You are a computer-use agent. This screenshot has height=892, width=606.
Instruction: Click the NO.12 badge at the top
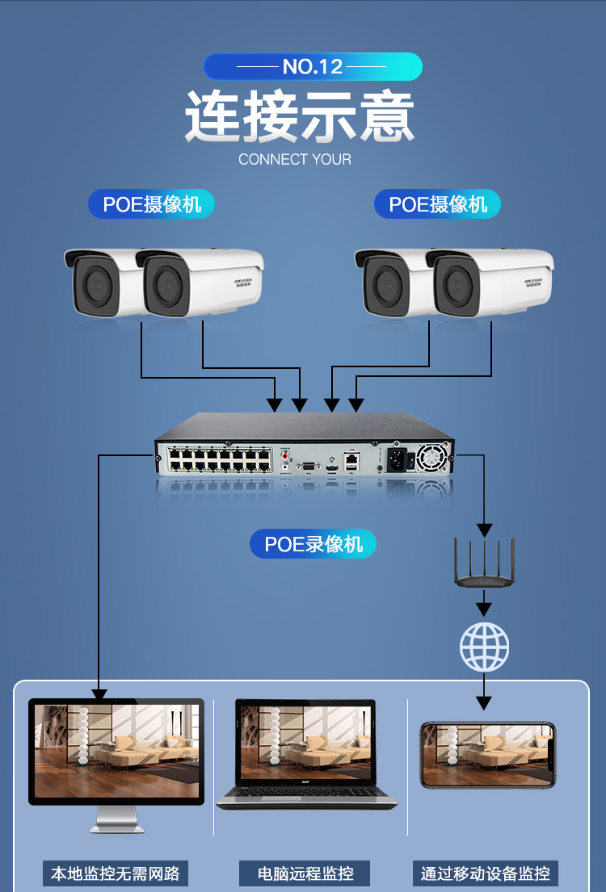click(313, 66)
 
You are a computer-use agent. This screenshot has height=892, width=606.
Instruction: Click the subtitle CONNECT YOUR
click(295, 159)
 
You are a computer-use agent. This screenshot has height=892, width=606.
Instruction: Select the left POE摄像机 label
click(151, 204)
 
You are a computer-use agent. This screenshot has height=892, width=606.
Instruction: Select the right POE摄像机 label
click(437, 204)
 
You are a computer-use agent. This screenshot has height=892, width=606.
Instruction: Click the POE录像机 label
click(314, 544)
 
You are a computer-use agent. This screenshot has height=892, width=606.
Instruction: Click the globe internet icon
click(484, 647)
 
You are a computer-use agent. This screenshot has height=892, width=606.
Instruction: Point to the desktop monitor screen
click(116, 751)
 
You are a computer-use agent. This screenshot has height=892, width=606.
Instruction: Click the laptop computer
click(307, 755)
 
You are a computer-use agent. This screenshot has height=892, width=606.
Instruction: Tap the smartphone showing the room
click(488, 755)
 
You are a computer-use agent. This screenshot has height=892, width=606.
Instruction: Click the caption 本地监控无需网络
click(116, 873)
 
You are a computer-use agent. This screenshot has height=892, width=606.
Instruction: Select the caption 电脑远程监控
click(305, 873)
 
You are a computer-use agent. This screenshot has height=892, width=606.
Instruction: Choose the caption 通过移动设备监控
click(486, 873)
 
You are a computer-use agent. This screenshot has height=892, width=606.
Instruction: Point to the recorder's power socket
click(398, 461)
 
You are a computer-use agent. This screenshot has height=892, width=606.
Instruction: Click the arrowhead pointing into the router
click(484, 530)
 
